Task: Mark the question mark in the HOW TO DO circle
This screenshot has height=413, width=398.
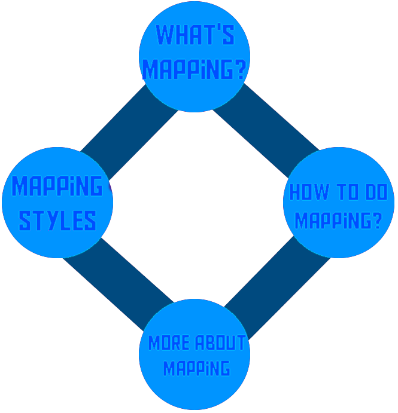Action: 376,221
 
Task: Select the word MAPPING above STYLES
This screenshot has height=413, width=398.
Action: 57,187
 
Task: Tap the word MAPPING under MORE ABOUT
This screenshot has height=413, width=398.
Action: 196,368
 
